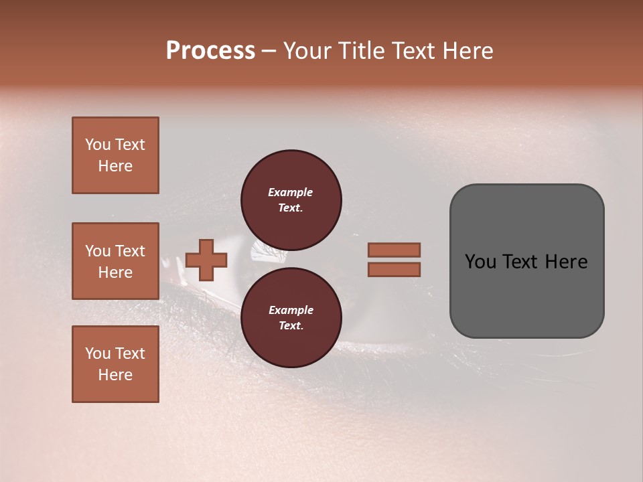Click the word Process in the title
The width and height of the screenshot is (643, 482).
click(x=210, y=51)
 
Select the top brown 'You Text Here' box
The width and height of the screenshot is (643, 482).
click(x=115, y=155)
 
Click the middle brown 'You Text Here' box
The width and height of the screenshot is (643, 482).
click(x=115, y=261)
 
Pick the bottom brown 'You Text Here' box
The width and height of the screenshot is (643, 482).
click(x=115, y=364)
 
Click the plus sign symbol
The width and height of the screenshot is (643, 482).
click(x=206, y=260)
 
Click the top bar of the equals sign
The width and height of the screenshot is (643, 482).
click(x=394, y=250)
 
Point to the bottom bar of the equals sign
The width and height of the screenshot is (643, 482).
click(x=394, y=269)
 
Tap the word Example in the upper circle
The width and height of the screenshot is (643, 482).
click(x=291, y=192)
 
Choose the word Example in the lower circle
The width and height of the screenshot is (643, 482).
click(x=291, y=310)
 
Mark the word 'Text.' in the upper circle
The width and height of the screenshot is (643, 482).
click(x=291, y=208)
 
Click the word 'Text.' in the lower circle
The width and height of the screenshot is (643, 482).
click(x=291, y=325)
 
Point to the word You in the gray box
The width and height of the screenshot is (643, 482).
click(x=481, y=262)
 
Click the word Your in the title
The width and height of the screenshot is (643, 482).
click(x=309, y=51)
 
